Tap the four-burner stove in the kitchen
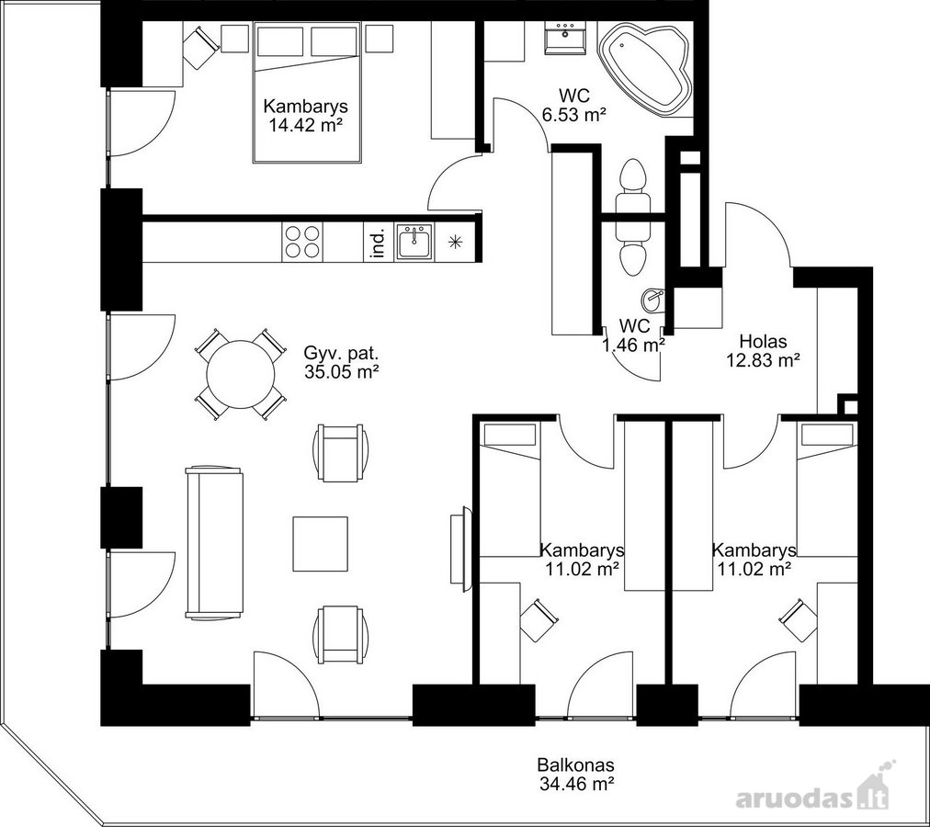302,242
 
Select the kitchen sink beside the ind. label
414,242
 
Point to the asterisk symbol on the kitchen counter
455,242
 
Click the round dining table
240,374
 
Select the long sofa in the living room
214,543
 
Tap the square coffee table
321,543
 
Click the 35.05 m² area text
341,372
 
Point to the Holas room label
763,341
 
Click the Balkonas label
575,765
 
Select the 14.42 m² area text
305,125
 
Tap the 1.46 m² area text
633,344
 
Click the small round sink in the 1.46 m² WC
652,298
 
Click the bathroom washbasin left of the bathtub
564,38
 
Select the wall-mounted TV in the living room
459,549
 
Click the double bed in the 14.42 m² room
307,92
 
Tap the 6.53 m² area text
574,115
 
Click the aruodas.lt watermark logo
813,795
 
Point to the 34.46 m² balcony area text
576,784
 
